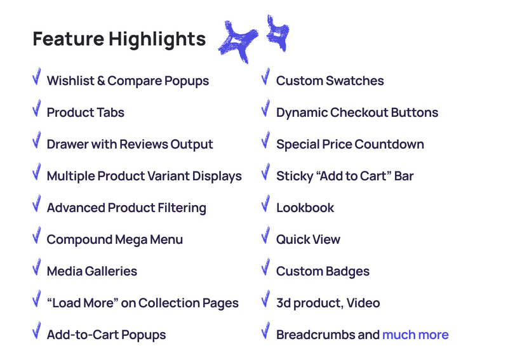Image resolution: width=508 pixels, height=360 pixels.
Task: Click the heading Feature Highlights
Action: click(119, 39)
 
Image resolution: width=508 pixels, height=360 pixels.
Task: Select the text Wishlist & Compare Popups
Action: click(128, 81)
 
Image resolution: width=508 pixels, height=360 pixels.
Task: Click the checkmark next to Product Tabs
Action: click(37, 109)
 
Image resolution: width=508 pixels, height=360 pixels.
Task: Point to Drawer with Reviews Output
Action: click(130, 144)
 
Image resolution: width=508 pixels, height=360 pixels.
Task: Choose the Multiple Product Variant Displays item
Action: click(144, 176)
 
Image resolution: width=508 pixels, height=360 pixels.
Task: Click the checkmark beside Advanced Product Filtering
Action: click(37, 204)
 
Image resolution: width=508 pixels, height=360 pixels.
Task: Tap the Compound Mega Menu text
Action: click(114, 239)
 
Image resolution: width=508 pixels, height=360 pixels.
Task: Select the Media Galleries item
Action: click(91, 271)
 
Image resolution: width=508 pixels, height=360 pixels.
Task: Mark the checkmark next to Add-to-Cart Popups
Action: click(37, 331)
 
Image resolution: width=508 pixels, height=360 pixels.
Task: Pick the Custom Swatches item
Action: click(330, 81)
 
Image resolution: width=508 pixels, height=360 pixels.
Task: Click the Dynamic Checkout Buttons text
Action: click(357, 112)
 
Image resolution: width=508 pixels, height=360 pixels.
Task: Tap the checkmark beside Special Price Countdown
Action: click(265, 141)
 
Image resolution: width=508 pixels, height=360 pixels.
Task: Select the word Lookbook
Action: click(305, 208)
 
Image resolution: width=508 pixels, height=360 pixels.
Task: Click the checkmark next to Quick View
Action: click(265, 236)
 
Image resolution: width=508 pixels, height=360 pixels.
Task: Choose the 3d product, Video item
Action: click(328, 303)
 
